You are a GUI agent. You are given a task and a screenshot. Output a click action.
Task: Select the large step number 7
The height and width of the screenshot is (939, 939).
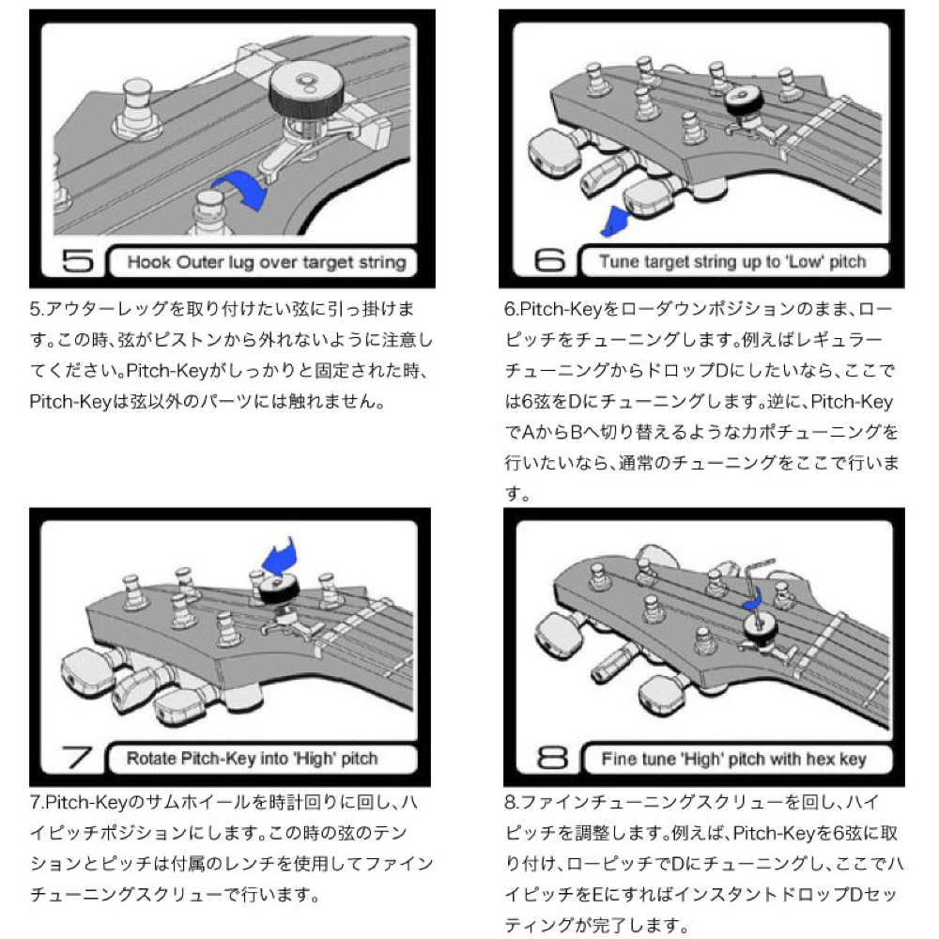coord(74,758)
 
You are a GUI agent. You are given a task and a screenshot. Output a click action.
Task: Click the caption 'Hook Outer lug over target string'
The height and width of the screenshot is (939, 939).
coord(266,261)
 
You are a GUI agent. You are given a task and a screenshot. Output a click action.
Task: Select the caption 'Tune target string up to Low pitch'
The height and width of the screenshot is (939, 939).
coord(733,261)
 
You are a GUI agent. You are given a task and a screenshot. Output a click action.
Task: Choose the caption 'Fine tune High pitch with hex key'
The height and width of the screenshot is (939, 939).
coord(733,759)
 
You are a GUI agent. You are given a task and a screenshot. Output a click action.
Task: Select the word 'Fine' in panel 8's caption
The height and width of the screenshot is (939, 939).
coord(618,759)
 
